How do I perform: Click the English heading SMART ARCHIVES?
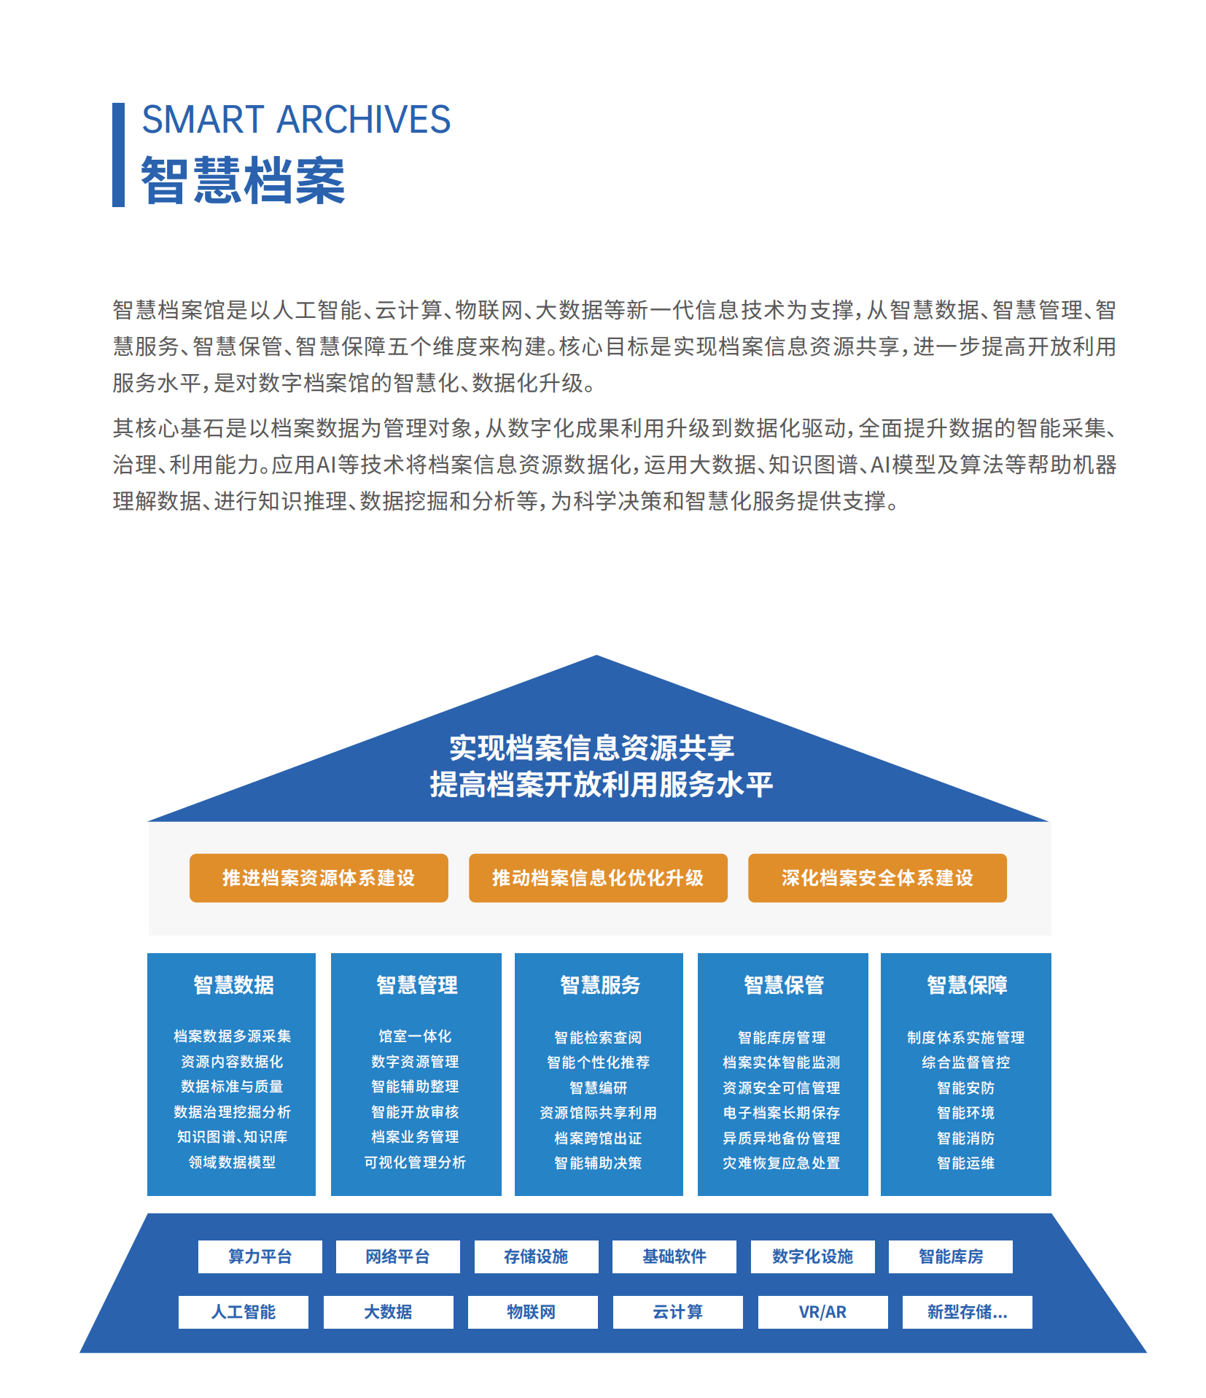296,120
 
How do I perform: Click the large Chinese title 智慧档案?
243,180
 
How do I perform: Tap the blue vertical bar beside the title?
118,155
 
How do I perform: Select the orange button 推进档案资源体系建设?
319,878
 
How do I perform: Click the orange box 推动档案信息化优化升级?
598,878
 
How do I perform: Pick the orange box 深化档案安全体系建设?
877,878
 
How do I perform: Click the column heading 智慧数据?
233,985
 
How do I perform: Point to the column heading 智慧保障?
967,985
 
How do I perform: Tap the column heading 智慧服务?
600,985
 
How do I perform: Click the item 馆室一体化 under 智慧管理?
415,1036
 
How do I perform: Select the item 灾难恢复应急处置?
782,1163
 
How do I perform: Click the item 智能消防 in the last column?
966,1138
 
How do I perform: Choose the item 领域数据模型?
233,1162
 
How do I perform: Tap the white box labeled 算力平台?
260,1257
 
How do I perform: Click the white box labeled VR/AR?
823,1312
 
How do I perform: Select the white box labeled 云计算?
678,1312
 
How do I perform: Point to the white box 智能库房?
951,1257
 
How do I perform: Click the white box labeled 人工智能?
244,1312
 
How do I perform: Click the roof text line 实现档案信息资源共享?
592,748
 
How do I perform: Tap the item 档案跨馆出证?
598,1138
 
